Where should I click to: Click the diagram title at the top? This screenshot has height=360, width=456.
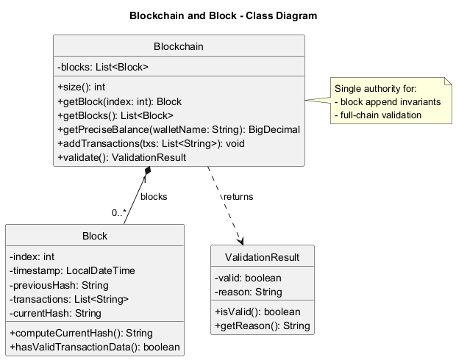click(x=223, y=15)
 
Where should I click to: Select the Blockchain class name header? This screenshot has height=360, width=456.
click(x=179, y=47)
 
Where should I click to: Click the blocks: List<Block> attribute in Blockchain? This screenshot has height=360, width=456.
click(x=103, y=67)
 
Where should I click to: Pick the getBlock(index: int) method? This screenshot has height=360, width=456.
click(x=119, y=101)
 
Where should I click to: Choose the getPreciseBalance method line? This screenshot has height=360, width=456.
click(x=178, y=129)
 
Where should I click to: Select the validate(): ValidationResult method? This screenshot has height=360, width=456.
click(x=121, y=157)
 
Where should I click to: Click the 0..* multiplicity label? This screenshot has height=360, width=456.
click(x=119, y=213)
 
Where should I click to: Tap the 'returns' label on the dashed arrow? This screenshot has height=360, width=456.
click(x=237, y=197)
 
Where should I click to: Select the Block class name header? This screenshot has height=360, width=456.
click(x=95, y=236)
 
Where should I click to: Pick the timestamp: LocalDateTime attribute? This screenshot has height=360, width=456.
click(x=72, y=270)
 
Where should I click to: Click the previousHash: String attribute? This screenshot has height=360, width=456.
click(x=59, y=285)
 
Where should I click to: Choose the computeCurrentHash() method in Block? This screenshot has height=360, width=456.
click(x=81, y=333)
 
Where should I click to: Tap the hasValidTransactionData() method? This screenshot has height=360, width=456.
click(x=94, y=347)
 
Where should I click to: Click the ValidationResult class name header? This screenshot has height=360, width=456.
click(x=263, y=257)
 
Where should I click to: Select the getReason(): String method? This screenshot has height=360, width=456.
click(x=262, y=325)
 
